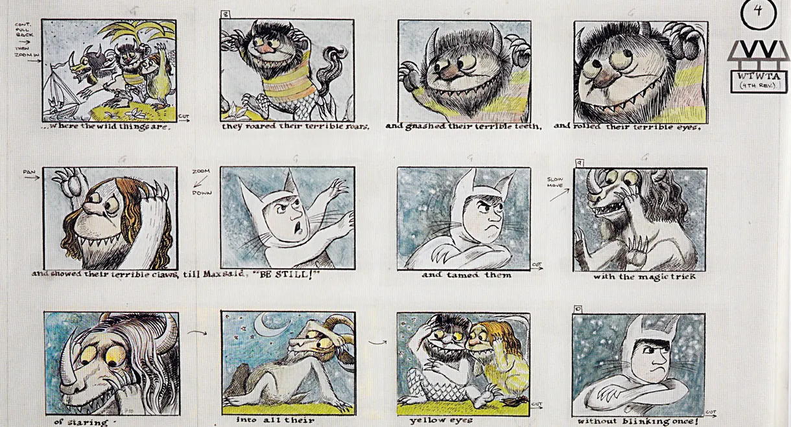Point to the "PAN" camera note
[29, 172]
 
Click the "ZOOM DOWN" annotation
[202, 182]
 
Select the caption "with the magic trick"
[644, 277]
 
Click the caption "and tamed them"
[466, 275]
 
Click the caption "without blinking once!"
[638, 421]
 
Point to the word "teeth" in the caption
[523, 126]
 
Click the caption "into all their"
[275, 421]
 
